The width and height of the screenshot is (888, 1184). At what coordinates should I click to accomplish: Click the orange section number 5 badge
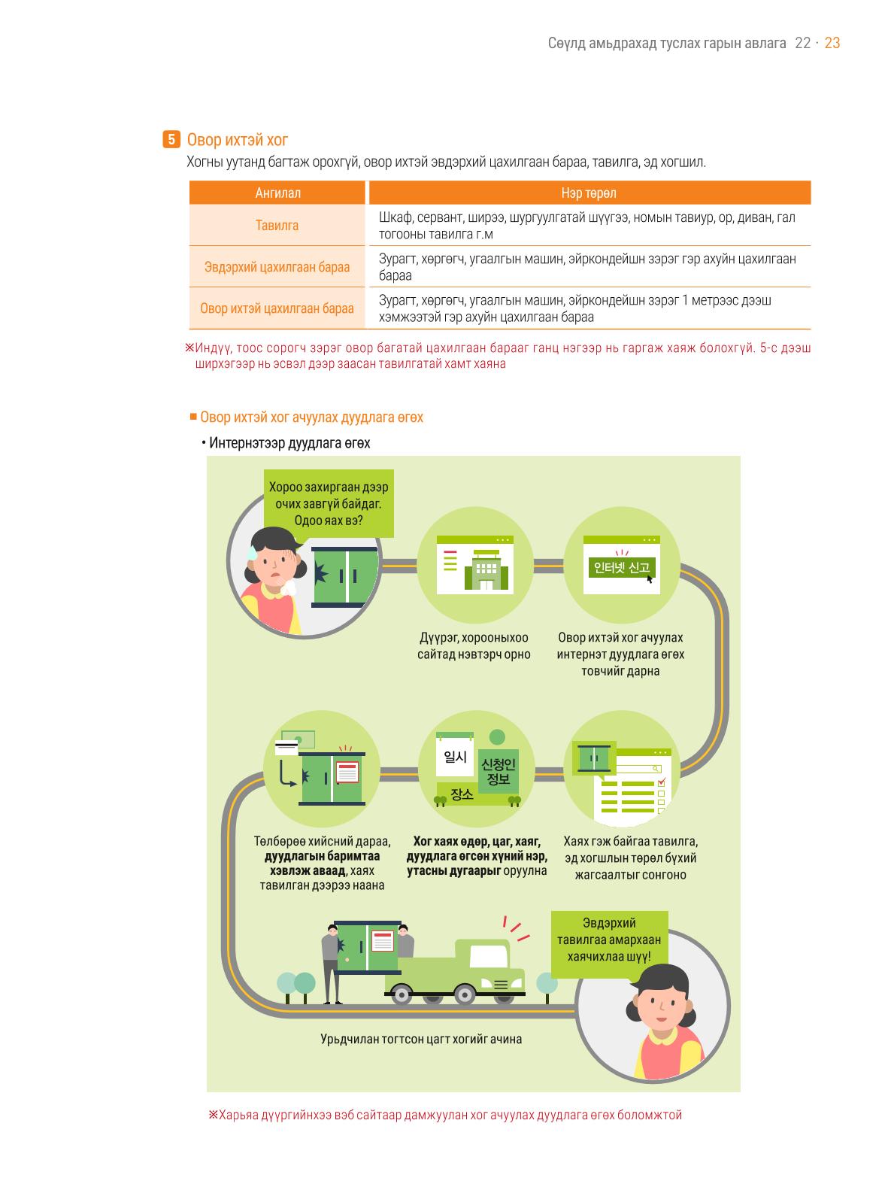point(171,140)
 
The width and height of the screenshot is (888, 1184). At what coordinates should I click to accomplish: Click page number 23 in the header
point(832,43)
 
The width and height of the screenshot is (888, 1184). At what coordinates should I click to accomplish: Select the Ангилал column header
point(277,193)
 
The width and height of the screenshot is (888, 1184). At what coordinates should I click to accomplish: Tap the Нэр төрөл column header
point(589,193)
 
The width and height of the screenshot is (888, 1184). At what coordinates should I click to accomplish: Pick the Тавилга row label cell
point(277,225)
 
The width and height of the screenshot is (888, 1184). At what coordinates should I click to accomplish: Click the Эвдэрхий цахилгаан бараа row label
point(277,266)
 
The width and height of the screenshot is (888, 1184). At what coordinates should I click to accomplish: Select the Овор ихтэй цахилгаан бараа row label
point(277,308)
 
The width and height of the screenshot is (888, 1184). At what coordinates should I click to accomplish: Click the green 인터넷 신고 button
point(622,567)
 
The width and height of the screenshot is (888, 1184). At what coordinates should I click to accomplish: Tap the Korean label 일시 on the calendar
point(455,757)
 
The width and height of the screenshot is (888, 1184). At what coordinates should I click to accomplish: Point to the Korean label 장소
point(462,794)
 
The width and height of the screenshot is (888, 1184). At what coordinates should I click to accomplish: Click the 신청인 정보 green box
point(499,771)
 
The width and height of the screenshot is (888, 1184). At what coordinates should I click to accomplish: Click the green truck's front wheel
point(464,994)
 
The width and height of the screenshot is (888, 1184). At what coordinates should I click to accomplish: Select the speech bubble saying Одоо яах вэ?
point(329,503)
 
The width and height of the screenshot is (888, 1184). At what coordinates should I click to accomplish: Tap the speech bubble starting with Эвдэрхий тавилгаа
point(609,940)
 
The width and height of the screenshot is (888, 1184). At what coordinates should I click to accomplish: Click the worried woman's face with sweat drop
point(272,564)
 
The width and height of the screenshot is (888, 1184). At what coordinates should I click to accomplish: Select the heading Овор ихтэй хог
point(238,140)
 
